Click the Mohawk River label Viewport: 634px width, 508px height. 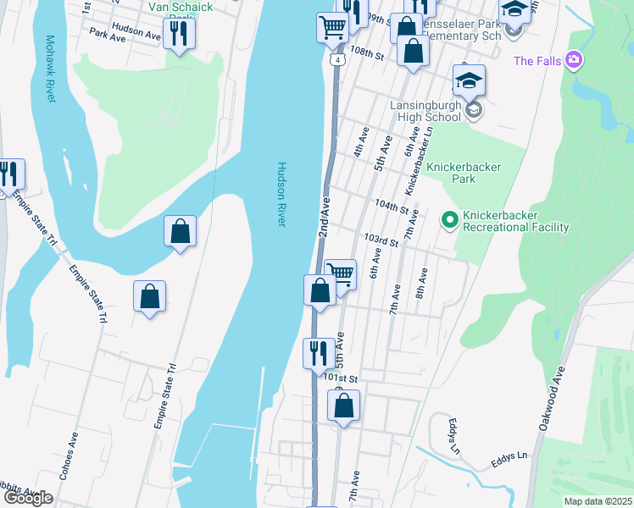click(50, 69)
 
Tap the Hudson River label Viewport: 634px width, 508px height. click(281, 194)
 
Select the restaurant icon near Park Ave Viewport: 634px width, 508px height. click(179, 33)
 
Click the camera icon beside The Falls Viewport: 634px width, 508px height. click(575, 60)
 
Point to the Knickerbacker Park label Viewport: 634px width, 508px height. click(464, 174)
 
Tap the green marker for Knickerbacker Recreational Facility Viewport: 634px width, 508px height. click(450, 220)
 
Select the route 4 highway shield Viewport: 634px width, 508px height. click(337, 61)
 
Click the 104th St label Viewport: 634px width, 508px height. click(392, 207)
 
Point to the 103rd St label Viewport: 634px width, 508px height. click(381, 241)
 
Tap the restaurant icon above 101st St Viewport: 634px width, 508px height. click(319, 352)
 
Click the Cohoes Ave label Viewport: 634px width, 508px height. click(69, 456)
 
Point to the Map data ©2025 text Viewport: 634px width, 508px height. click(598, 501)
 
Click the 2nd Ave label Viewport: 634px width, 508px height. click(325, 219)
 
